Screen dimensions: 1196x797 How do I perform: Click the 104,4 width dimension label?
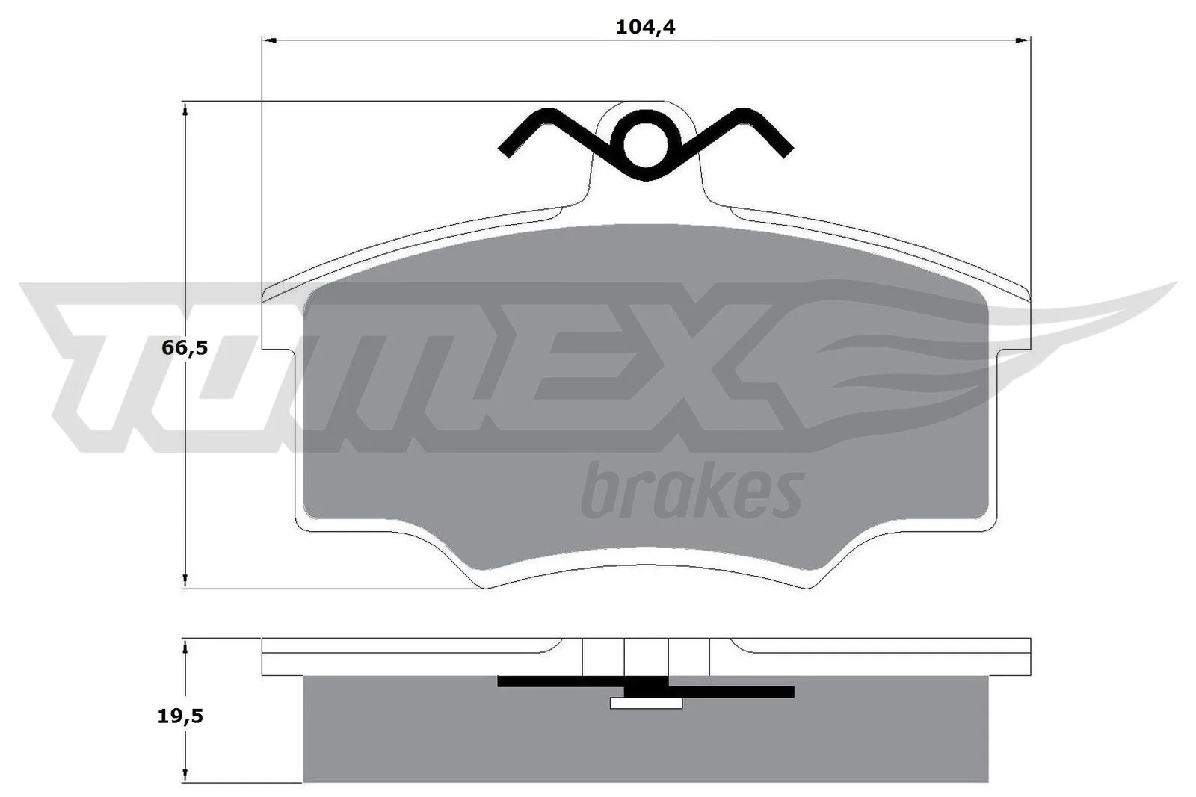tap(646, 27)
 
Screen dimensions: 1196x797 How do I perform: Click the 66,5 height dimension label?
tap(184, 348)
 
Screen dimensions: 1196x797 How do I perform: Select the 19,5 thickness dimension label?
tap(180, 716)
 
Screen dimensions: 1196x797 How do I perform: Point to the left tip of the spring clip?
tap(503, 152)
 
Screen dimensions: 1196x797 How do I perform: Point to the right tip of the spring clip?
tap(789, 152)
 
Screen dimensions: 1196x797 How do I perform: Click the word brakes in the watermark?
tap(692, 491)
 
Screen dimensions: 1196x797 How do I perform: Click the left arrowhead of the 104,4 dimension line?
tap(270, 40)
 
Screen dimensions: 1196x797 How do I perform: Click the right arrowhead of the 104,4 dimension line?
tap(1023, 40)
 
